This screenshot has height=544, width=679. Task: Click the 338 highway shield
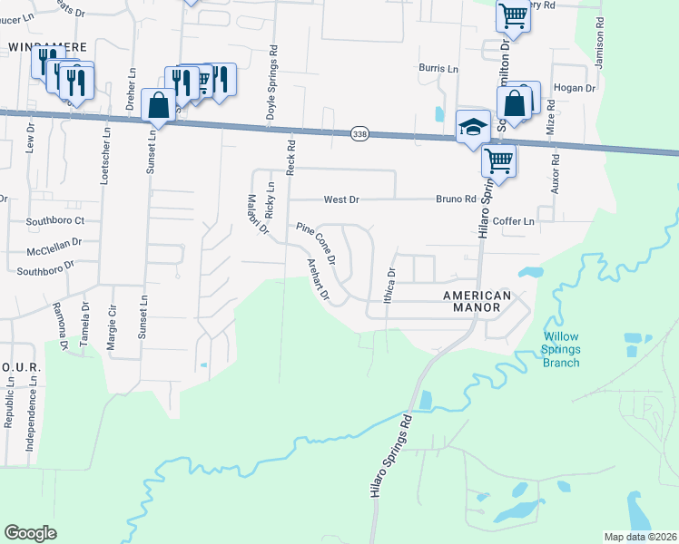[x=359, y=134]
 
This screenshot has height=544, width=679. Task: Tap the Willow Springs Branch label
[x=561, y=349]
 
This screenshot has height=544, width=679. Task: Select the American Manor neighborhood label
[x=472, y=302]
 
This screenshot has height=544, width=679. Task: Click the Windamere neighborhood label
[x=34, y=45]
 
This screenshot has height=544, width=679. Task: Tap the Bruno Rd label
[x=456, y=199]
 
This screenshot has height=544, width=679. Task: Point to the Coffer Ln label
[x=517, y=220]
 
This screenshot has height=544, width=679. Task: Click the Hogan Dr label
[x=577, y=89]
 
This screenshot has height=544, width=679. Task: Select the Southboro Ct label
[x=54, y=220]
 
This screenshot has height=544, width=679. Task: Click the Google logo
[x=30, y=533]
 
